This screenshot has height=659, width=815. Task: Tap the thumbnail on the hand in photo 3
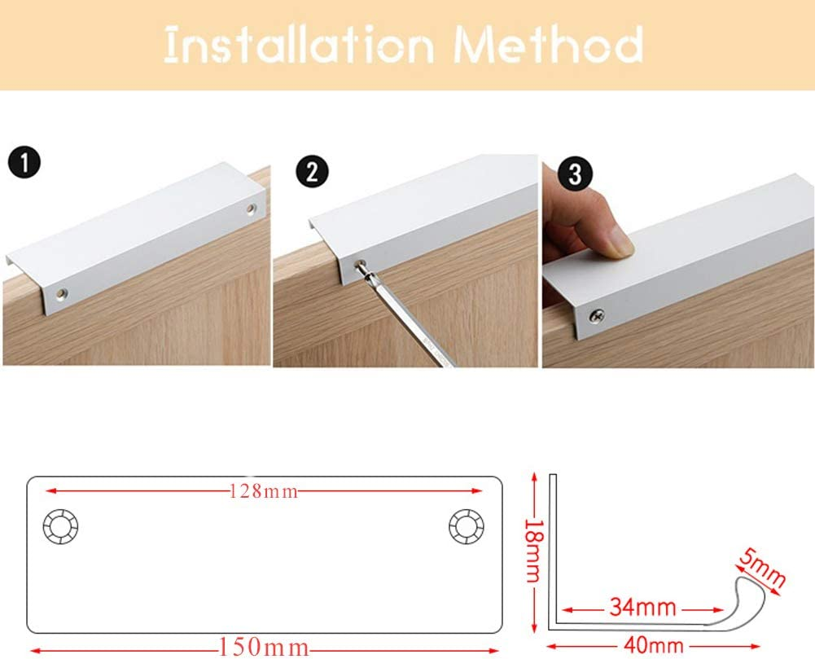[x=618, y=241]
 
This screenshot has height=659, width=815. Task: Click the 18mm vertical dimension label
[x=533, y=550]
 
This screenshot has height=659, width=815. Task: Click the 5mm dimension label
[x=762, y=568]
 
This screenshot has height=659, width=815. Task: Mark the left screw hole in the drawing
[x=60, y=528]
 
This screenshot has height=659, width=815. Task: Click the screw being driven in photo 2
[x=359, y=264]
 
